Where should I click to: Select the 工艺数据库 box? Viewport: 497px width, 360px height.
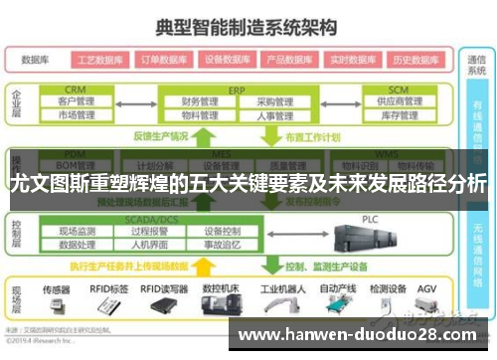point(100,59)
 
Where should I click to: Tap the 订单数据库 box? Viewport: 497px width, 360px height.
point(163,59)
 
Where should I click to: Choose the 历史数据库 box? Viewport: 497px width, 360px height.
point(415,59)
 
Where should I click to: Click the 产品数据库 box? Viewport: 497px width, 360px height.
point(290,59)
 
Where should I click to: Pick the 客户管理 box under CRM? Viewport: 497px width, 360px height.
point(77,101)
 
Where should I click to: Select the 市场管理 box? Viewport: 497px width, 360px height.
point(77,115)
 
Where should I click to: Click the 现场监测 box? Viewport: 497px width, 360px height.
point(78,232)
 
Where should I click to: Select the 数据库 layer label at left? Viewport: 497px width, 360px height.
point(35,59)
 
